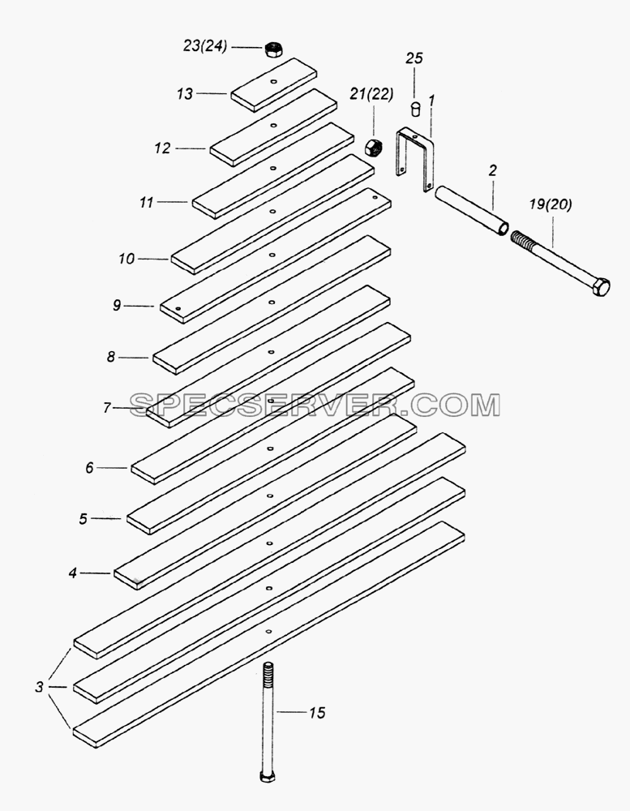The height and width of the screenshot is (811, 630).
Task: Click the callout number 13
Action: [x=185, y=94]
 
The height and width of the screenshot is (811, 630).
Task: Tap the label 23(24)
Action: [x=205, y=46]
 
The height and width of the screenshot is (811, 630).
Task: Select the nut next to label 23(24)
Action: [x=272, y=49]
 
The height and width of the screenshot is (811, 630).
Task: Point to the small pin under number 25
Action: [x=415, y=109]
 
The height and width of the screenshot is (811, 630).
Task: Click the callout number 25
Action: [x=414, y=58]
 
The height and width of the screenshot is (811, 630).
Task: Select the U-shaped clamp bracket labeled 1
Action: [x=414, y=159]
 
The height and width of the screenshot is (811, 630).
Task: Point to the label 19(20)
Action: [x=551, y=205]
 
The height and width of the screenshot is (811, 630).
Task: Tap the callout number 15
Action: [x=317, y=713]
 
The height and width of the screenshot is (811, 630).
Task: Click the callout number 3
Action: [x=39, y=688]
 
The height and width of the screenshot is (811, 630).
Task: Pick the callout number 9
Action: [x=117, y=306]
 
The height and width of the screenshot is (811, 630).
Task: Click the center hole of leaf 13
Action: [x=273, y=81]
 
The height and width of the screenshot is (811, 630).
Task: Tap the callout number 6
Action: [x=89, y=468]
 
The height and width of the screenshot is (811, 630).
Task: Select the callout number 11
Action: [x=147, y=202]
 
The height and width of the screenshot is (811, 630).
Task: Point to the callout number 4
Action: [x=73, y=573]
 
